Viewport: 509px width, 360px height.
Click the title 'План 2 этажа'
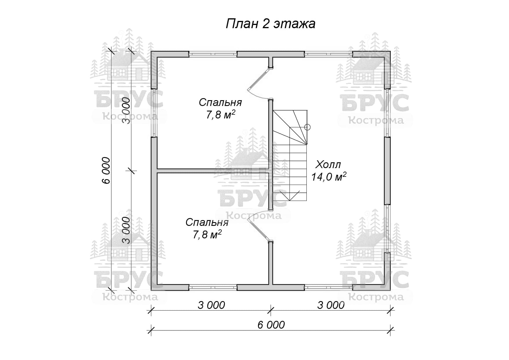[270, 24]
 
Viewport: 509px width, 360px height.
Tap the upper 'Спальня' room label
[220, 102]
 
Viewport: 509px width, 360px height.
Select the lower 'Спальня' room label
[207, 222]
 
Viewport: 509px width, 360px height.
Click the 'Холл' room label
[328, 165]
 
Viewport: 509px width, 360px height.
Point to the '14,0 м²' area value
[329, 177]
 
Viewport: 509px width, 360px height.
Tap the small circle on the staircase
[308, 127]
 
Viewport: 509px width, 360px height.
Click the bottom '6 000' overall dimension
[271, 325]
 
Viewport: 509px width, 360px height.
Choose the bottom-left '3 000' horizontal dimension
[211, 305]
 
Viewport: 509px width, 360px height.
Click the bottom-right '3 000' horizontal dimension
[331, 305]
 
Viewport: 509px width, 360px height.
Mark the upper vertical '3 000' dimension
[126, 111]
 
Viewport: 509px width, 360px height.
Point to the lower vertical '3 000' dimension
[126, 230]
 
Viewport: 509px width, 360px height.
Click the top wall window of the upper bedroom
[213, 54]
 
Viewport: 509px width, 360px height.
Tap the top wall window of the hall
[328, 54]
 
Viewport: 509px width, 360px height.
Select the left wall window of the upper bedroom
[154, 113]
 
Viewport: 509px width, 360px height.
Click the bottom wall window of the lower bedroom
[213, 287]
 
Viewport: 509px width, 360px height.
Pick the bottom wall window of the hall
[328, 287]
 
